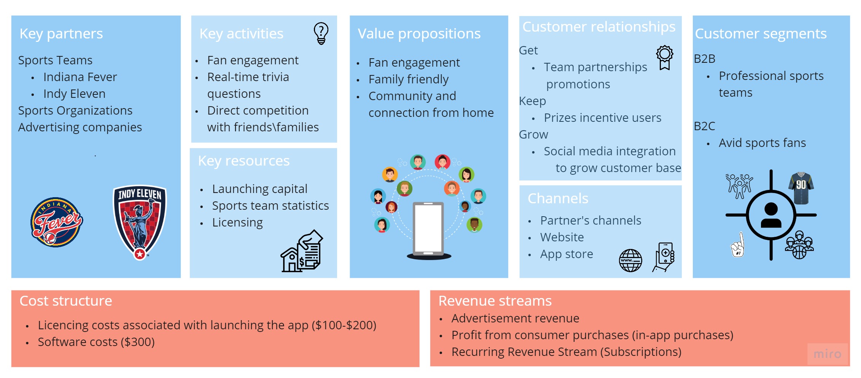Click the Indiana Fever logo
coord(57,222)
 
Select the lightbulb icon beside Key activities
coord(321,33)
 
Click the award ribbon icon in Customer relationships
coord(664,57)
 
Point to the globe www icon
coord(630,261)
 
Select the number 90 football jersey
coord(801,187)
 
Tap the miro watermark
coord(827,354)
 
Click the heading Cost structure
coord(66,301)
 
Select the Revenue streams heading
coord(495,301)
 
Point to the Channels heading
coord(558,199)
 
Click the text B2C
coord(704,126)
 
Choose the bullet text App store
coord(567,254)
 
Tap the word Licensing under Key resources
coord(237,222)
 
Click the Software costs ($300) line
coord(96,342)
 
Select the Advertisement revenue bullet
coord(515,318)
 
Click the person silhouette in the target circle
coord(771,215)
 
